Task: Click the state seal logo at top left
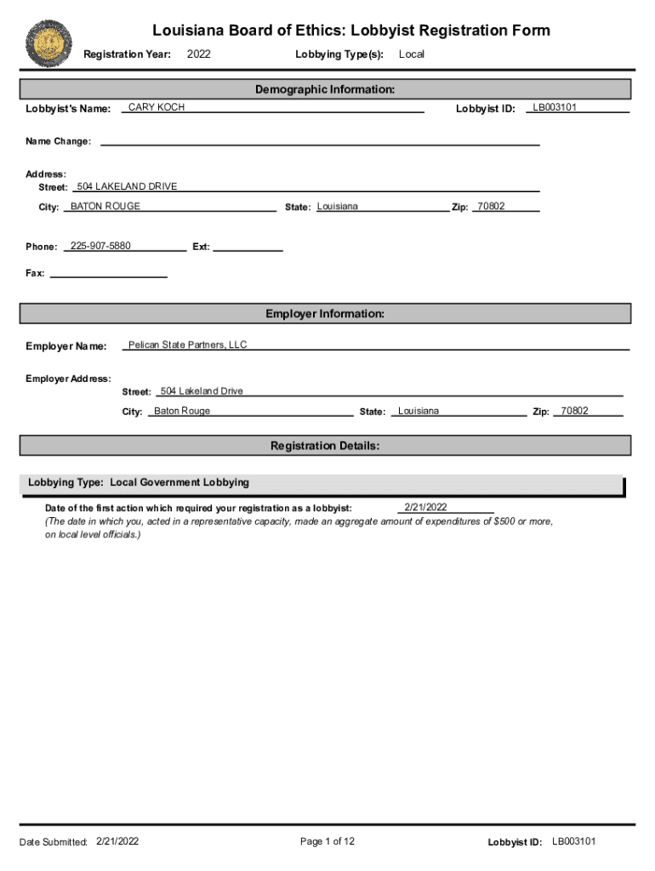[x=48, y=45]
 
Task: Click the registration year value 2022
[x=198, y=54]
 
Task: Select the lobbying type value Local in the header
[x=412, y=54]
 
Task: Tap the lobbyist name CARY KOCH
[x=157, y=107]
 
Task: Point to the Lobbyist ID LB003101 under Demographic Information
[x=555, y=107]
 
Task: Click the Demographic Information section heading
[x=325, y=89]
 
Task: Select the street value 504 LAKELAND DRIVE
[x=127, y=186]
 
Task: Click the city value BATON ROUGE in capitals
[x=105, y=206]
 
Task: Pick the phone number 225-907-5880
[x=100, y=246]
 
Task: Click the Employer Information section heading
[x=325, y=314]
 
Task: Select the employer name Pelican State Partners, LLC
[x=187, y=344]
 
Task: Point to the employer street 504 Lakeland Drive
[x=202, y=391]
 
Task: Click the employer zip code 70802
[x=574, y=411]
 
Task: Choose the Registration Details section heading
[x=325, y=446]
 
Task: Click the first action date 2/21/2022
[x=425, y=507]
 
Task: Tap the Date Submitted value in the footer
[x=117, y=841]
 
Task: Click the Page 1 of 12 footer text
[x=327, y=841]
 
